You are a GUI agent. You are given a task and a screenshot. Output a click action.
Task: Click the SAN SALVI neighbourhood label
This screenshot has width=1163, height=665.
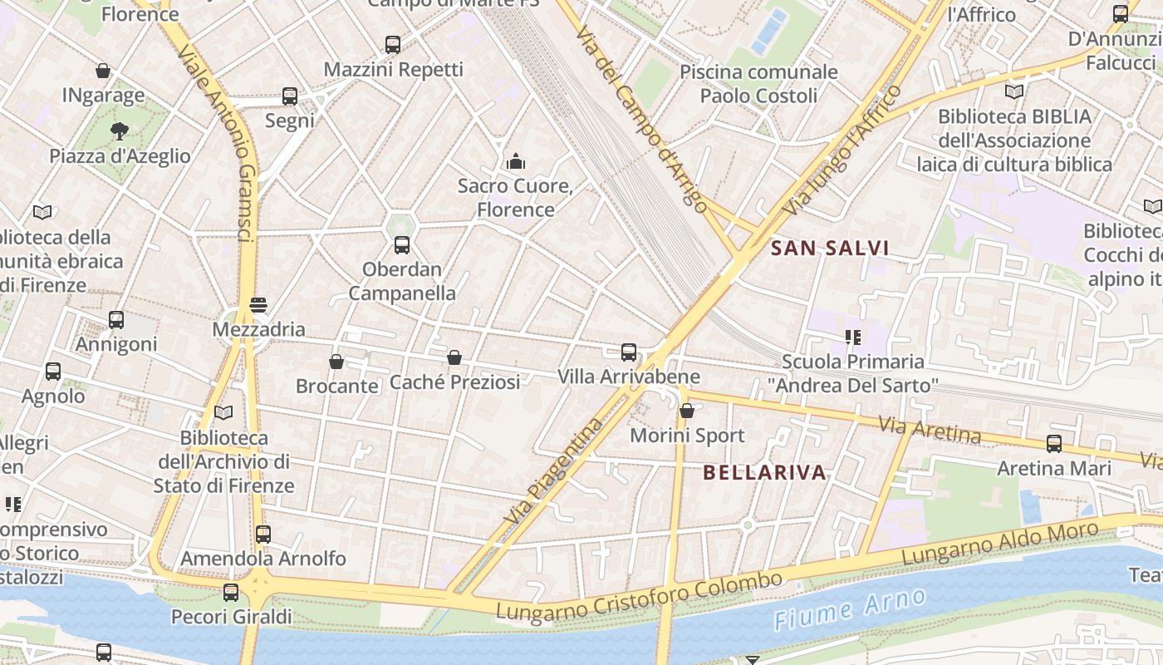pyautogui.click(x=830, y=248)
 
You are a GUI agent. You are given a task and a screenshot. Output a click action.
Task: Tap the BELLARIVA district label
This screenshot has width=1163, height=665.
pyautogui.click(x=764, y=473)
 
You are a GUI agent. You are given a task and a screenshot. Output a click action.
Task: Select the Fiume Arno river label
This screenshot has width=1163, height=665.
pyautogui.click(x=849, y=609)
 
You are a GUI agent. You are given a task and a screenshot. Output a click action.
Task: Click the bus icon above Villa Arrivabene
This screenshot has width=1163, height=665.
pyautogui.click(x=629, y=352)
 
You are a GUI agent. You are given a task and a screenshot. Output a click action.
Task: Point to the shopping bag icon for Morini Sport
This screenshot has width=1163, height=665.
pyautogui.click(x=687, y=411)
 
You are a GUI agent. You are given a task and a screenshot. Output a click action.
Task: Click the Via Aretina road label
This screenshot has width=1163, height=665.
pyautogui.click(x=930, y=430)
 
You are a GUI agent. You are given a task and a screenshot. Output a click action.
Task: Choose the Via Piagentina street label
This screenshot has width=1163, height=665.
pyautogui.click(x=553, y=470)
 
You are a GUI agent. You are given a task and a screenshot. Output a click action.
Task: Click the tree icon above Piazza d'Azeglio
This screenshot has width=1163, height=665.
pyautogui.click(x=120, y=131)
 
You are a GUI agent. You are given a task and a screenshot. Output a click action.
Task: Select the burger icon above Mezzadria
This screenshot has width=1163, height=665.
pyautogui.click(x=258, y=305)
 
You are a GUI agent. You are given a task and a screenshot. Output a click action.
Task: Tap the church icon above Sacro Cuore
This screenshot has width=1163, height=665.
pyautogui.click(x=516, y=160)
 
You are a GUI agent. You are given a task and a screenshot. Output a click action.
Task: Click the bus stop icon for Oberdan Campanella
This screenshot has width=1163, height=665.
pyautogui.click(x=402, y=245)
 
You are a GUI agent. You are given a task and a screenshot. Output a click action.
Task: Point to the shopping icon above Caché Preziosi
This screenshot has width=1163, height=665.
pyautogui.click(x=454, y=358)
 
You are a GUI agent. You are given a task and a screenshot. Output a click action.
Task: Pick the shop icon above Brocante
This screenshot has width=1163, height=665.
pyautogui.click(x=336, y=362)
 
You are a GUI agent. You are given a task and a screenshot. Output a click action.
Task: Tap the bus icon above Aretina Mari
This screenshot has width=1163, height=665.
pyautogui.click(x=1054, y=444)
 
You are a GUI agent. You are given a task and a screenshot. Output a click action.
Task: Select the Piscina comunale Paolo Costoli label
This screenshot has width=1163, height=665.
pyautogui.click(x=758, y=83)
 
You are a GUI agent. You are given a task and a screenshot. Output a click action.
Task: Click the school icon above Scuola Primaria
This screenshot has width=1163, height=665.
pyautogui.click(x=852, y=337)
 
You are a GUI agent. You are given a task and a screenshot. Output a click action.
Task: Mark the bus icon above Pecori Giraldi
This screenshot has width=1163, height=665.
pyautogui.click(x=231, y=593)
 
